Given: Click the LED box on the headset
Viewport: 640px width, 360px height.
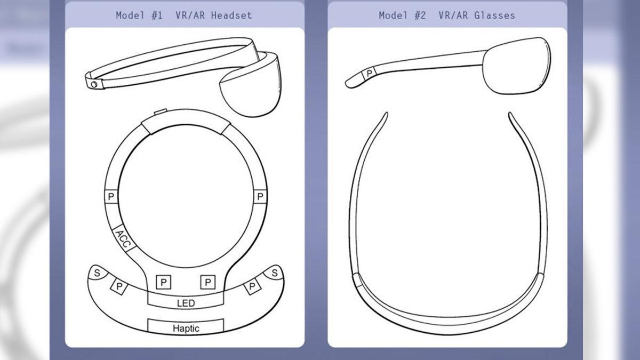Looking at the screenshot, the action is (186, 301).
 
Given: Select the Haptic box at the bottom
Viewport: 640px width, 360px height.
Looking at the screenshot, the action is (186, 326).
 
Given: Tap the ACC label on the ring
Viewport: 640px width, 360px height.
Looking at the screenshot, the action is (124, 239).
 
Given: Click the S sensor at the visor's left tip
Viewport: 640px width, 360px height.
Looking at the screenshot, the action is (98, 273).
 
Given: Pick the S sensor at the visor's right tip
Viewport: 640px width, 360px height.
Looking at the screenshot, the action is (274, 273).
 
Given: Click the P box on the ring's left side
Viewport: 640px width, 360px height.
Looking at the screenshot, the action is (111, 196).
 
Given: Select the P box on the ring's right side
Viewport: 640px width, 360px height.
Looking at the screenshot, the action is (260, 196).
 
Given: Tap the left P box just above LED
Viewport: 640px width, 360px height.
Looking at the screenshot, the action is (163, 282).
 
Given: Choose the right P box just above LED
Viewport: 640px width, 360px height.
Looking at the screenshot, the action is (207, 282).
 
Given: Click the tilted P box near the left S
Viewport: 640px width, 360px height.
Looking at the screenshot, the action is (119, 286).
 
